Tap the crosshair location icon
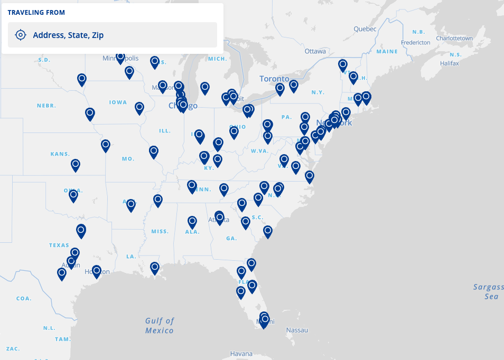20,35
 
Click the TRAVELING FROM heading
36,12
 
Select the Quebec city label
365,29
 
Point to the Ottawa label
315,51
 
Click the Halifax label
449,63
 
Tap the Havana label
241,353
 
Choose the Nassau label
296,330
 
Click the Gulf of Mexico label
160,325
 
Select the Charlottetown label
454,39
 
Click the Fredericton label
416,42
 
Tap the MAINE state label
387,52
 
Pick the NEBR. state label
46,106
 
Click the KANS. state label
60,154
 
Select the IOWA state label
118,102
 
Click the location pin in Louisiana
154,268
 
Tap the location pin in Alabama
192,221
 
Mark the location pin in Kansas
76,165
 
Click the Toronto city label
275,79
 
